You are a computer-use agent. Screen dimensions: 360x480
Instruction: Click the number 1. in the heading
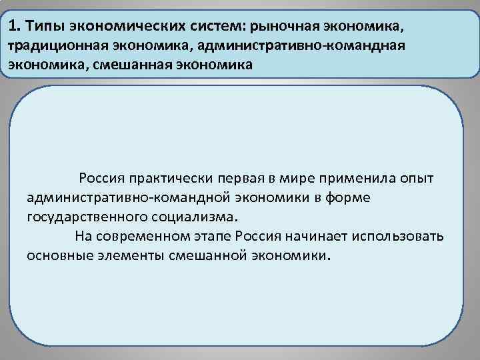(x=15, y=27)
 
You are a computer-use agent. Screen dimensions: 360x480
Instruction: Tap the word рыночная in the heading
(x=285, y=27)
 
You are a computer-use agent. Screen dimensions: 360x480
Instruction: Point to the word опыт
(x=417, y=179)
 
